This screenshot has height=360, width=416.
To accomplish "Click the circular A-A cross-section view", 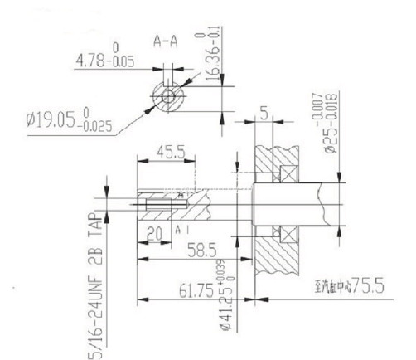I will [170, 96].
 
